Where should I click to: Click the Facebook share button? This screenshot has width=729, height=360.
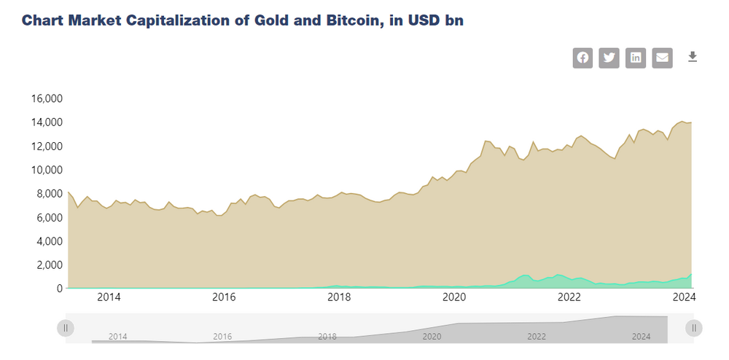(582, 58)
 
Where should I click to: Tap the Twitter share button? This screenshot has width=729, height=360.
(609, 58)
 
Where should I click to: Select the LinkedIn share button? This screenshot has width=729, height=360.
(636, 58)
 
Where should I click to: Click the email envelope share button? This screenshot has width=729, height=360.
(662, 58)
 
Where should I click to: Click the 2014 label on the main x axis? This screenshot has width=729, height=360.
(109, 297)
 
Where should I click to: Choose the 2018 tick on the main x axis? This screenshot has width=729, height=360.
(339, 297)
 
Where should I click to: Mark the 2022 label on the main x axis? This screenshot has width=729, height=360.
(569, 297)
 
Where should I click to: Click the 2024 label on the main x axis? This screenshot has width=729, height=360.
(684, 297)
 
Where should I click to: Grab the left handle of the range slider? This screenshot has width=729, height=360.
(66, 329)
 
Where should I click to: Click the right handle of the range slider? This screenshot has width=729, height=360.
(694, 329)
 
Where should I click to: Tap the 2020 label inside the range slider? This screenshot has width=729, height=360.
(432, 337)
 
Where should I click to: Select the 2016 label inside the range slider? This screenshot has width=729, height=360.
(222, 337)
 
